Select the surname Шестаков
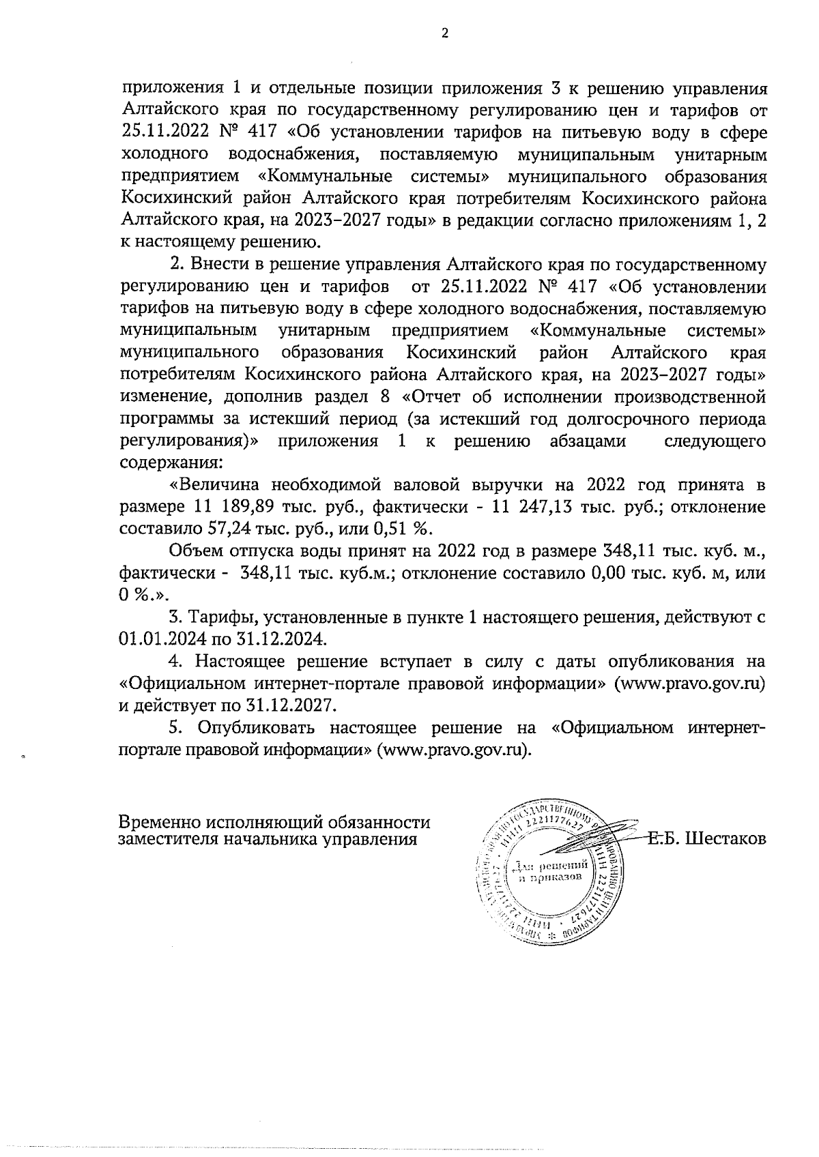click(x=725, y=838)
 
